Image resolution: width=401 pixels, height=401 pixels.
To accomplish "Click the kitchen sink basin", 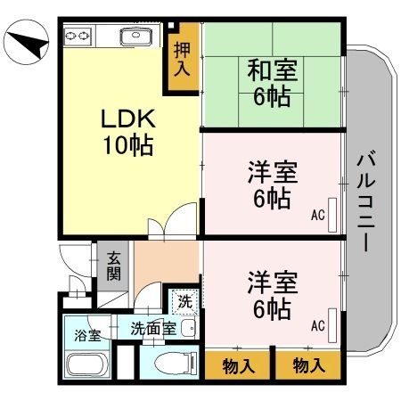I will click(x=138, y=37).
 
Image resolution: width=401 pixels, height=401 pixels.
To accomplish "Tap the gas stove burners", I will click(x=78, y=36).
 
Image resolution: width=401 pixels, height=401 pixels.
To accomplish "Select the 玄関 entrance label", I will click(x=115, y=266).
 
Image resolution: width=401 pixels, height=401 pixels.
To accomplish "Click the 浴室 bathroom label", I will click(x=86, y=336).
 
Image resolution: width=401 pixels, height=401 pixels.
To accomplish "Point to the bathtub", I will click(x=87, y=366).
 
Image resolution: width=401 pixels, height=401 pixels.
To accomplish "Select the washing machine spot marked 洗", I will click(x=184, y=300).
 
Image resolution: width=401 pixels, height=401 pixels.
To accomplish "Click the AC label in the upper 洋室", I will click(x=318, y=215).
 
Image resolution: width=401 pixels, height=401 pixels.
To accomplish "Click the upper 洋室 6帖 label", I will click(x=269, y=184).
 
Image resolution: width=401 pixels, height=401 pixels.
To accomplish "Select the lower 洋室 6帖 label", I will click(x=269, y=297).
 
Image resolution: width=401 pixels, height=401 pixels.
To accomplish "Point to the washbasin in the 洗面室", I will click(x=186, y=329).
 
